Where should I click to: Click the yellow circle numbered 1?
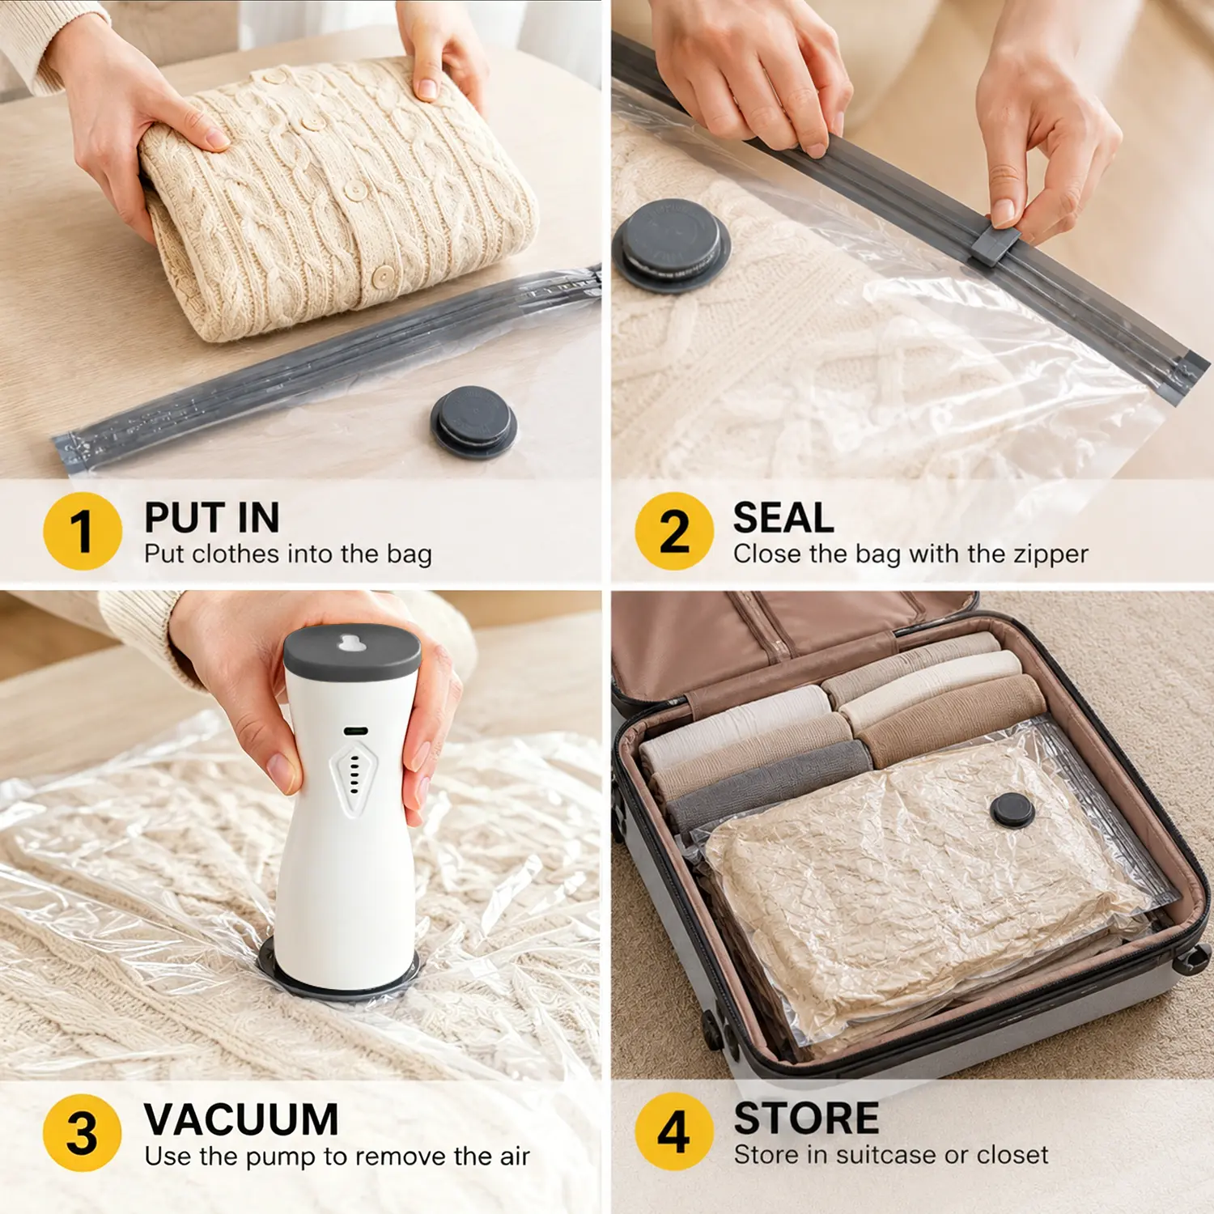coord(83,531)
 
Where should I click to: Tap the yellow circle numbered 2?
coord(674,531)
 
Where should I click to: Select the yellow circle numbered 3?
coord(83,1132)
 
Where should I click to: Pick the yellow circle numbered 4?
coord(674,1131)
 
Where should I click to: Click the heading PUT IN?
coord(212,517)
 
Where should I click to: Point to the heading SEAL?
coord(783,517)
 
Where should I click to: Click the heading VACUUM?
coord(241,1119)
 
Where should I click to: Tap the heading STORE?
coord(806,1118)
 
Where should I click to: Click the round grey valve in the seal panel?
coord(672,244)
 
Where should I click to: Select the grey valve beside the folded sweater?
coord(473,422)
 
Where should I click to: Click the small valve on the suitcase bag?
coord(1012,810)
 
